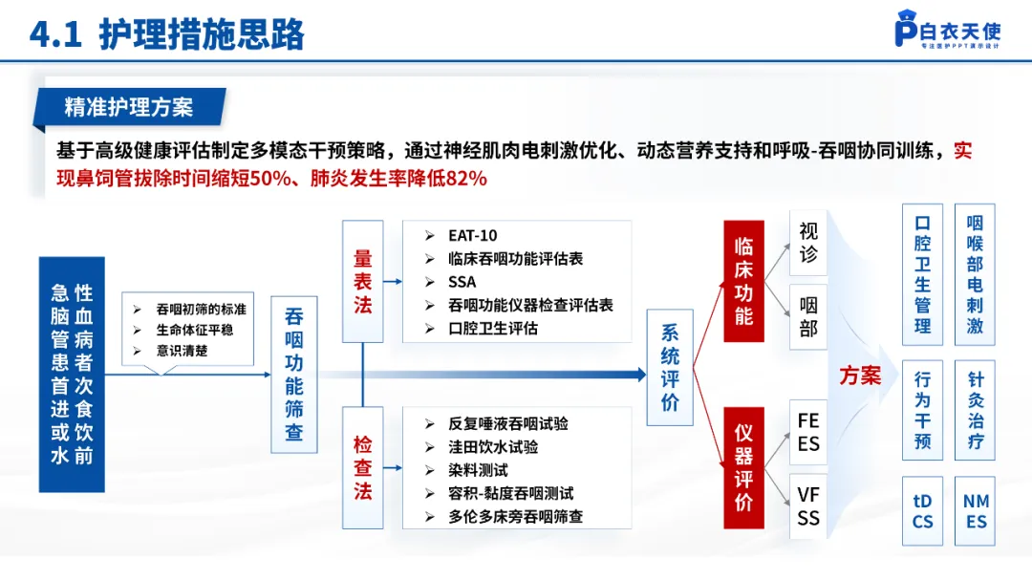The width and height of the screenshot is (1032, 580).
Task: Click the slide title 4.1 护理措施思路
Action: (x=167, y=33)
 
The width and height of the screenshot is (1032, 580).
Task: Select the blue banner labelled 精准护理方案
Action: (x=128, y=107)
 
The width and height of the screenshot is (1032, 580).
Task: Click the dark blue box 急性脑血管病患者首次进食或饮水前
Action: (x=72, y=374)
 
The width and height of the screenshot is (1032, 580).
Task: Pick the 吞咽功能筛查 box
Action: (x=294, y=375)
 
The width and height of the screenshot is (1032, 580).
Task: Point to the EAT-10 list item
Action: (x=472, y=236)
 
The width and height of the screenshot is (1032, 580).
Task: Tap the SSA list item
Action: (x=462, y=282)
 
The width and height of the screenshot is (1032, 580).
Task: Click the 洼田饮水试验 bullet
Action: (x=493, y=447)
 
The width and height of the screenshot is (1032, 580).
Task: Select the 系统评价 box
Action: (x=670, y=368)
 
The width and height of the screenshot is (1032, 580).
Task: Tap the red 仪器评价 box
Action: (x=743, y=468)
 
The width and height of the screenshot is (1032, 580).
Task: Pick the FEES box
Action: (x=808, y=432)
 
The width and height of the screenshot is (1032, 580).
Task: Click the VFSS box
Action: (x=808, y=506)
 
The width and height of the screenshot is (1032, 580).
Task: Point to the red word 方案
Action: (x=860, y=376)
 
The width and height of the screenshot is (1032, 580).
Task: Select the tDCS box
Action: (x=922, y=511)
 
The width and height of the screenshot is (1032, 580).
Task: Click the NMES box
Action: (x=976, y=511)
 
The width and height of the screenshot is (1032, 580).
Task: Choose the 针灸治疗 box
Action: (x=976, y=411)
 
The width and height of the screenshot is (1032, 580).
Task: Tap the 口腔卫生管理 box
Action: (x=922, y=273)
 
